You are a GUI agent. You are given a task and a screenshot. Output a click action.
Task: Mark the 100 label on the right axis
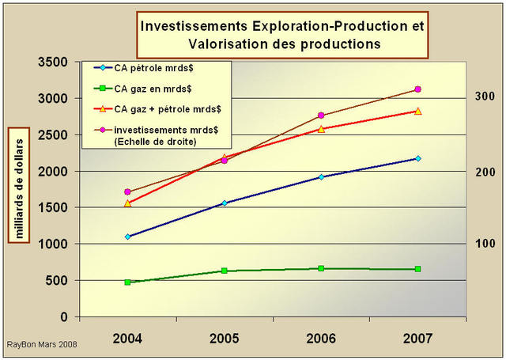click(x=485, y=244)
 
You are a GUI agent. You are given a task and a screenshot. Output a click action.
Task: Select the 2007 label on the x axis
click(x=417, y=339)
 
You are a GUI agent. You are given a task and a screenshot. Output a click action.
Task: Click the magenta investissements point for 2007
click(x=417, y=89)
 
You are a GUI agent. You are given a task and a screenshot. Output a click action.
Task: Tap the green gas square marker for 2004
click(x=127, y=282)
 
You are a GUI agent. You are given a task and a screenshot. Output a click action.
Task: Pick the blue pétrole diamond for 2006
click(x=321, y=176)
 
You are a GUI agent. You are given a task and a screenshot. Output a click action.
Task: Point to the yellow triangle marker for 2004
click(x=127, y=203)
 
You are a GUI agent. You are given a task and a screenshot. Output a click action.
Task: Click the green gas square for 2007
click(x=417, y=269)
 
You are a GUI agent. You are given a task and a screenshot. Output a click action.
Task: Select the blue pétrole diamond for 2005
click(x=225, y=203)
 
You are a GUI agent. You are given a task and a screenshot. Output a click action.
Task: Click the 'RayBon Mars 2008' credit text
click(x=42, y=346)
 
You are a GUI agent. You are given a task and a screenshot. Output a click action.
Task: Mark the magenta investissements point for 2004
click(x=127, y=191)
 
